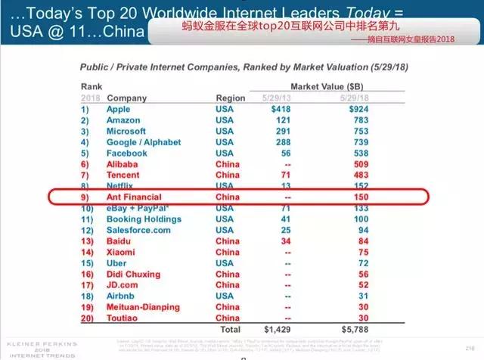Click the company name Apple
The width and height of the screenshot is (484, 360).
pos(120,110)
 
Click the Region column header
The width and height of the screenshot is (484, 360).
pos(231,98)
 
